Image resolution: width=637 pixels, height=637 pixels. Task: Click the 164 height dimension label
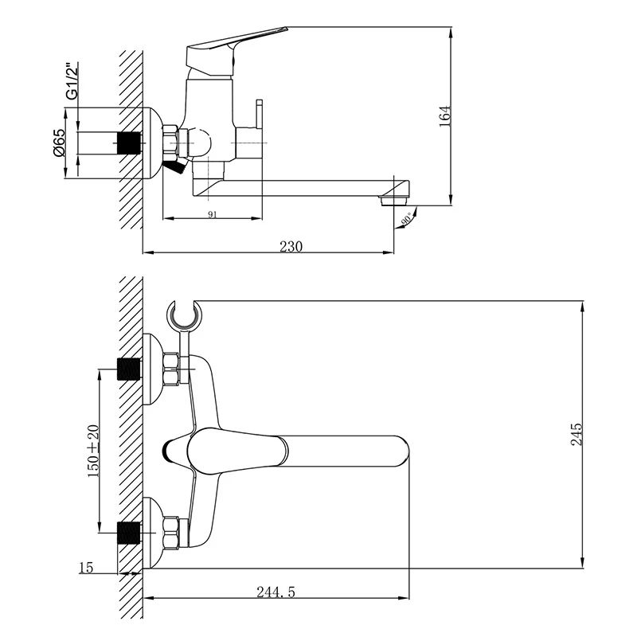coord(444,115)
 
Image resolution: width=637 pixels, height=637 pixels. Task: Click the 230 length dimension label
coord(291,246)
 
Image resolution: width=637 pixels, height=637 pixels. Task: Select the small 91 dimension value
coord(212,213)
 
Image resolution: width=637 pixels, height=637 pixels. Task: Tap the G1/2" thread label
coord(72,80)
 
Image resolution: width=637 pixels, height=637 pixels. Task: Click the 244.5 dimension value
coord(277,591)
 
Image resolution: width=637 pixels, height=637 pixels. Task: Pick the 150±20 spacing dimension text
coord(93,450)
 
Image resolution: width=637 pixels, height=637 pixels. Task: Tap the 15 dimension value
coord(86,567)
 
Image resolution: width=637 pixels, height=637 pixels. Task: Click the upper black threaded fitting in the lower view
coord(128,369)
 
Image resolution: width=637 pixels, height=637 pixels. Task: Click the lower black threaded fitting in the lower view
coord(128,530)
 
